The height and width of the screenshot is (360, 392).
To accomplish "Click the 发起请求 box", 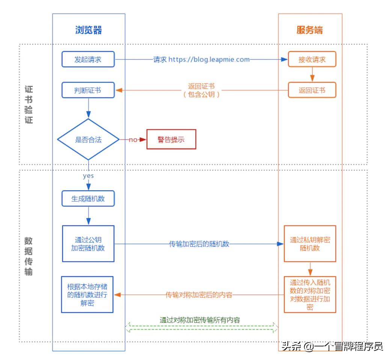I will (88, 59).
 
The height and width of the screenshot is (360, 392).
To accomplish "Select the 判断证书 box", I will (88, 90).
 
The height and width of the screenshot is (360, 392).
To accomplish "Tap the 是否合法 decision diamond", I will (88, 139).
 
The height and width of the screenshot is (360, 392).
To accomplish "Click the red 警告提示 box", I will (171, 139).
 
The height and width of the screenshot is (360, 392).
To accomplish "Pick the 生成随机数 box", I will (88, 199).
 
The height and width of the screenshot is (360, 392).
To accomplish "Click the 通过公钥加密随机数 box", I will (88, 244).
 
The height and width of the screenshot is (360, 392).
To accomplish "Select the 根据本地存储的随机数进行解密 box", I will (87, 294).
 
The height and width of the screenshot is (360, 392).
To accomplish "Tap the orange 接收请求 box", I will (312, 59).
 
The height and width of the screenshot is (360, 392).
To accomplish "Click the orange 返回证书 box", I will (312, 90).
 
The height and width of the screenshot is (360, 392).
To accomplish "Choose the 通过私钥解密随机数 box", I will (310, 244).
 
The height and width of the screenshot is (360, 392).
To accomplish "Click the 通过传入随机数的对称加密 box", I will (310, 294).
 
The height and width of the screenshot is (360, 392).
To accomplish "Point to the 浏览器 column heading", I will (88, 30).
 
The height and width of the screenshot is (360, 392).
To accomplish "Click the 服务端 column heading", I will (310, 30).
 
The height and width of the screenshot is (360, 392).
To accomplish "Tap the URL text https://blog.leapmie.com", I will (209, 59).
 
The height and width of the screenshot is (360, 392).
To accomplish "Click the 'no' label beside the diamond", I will (133, 139).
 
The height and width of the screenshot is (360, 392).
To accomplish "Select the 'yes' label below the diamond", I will (88, 175).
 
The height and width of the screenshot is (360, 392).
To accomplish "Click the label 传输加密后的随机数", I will (199, 244).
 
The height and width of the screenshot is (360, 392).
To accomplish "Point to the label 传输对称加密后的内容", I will (199, 295).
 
